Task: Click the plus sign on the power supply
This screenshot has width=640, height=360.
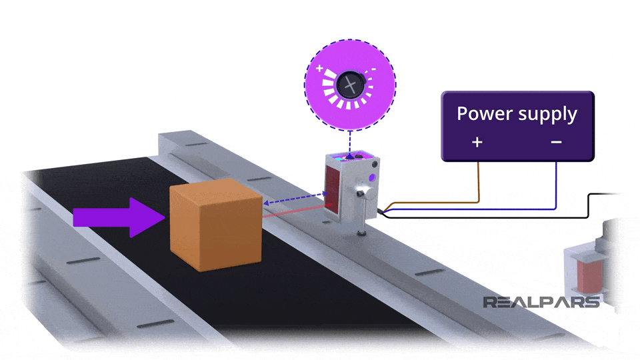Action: click(x=477, y=142)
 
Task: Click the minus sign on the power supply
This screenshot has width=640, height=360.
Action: click(x=556, y=142)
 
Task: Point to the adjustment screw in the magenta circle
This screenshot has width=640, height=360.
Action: click(x=349, y=85)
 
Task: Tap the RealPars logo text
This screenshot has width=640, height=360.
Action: click(x=541, y=302)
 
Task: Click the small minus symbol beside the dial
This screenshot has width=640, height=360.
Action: click(x=374, y=69)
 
